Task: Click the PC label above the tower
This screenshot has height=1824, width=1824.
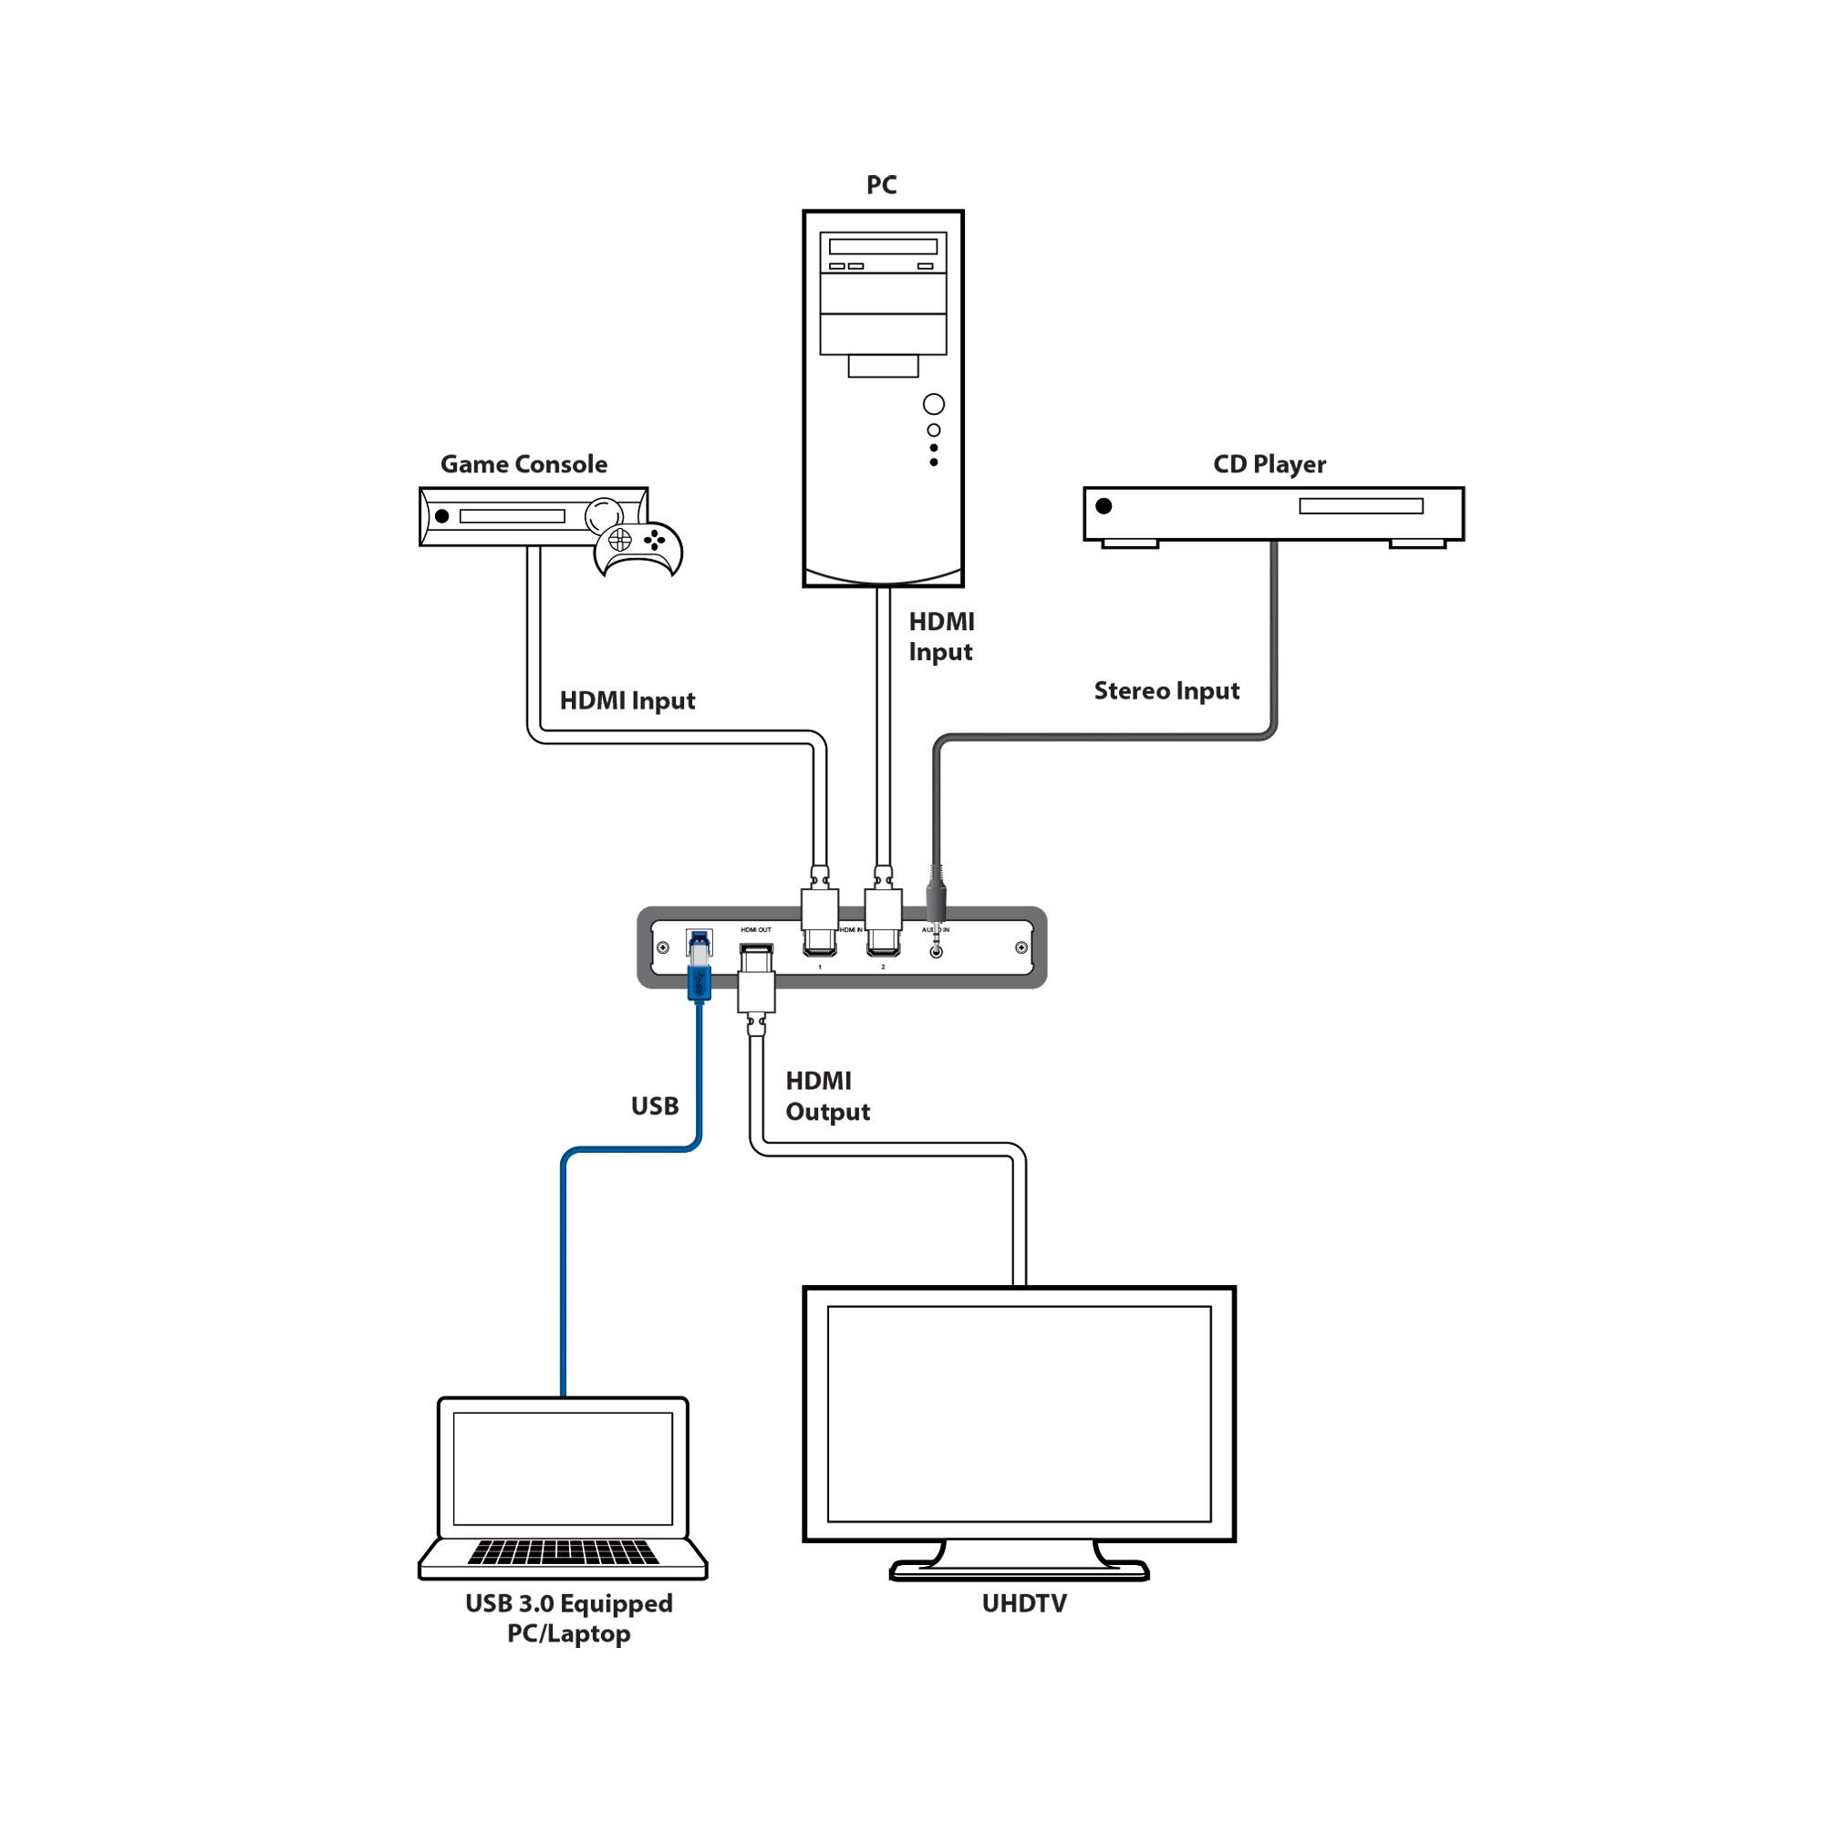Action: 881,185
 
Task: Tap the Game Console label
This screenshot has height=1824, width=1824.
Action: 524,464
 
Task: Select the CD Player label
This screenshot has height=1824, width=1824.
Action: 1269,464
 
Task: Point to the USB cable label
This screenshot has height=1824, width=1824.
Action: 654,1105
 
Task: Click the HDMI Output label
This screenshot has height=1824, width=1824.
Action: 826,1096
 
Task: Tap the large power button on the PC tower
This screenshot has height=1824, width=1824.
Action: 934,404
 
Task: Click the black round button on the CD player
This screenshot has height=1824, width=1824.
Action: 1104,506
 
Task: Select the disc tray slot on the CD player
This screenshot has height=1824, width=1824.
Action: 1361,507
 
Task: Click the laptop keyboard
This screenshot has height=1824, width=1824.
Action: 563,1553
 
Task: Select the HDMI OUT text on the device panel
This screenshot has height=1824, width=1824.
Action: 755,930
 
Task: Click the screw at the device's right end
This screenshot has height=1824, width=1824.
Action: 1021,948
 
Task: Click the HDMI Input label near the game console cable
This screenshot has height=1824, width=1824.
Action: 627,700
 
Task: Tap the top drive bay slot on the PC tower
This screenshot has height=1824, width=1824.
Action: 883,246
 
